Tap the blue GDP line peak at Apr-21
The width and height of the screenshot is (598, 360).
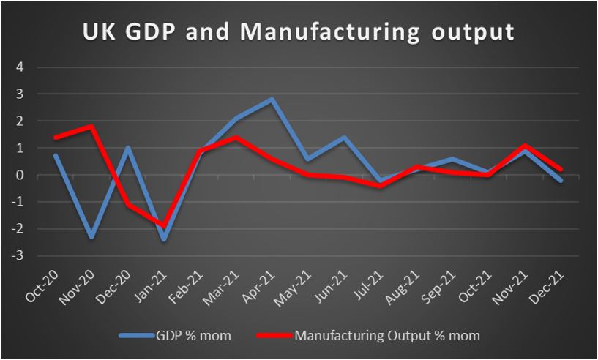272,99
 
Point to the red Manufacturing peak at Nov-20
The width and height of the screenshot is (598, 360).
91,127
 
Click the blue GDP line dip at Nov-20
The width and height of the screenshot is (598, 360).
91,237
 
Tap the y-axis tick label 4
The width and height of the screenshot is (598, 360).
20,67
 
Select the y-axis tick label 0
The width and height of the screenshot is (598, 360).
20,175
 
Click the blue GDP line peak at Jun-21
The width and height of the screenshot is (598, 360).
343,137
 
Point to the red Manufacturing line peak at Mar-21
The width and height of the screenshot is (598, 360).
235,137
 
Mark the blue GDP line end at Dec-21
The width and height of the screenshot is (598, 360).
561,180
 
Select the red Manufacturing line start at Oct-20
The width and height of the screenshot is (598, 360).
55,137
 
